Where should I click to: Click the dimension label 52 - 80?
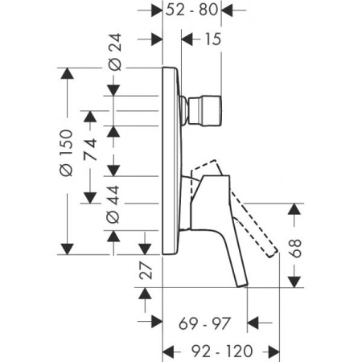[192, 11]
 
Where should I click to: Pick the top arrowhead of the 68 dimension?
[298, 208]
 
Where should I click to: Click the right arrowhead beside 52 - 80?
[228, 11]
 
